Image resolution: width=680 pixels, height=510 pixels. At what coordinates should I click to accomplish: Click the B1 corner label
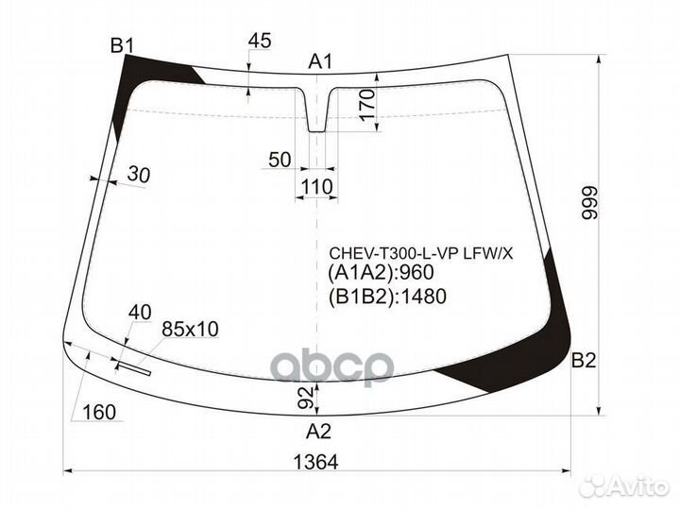(123, 44)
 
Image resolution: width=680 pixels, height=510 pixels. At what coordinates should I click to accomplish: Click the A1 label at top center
(321, 63)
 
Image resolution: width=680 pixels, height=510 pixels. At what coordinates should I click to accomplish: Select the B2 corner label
(584, 360)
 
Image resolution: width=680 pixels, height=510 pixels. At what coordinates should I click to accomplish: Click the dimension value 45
(260, 41)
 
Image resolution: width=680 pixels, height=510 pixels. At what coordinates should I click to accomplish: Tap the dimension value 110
(316, 187)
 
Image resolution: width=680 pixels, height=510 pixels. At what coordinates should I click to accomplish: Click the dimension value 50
(279, 160)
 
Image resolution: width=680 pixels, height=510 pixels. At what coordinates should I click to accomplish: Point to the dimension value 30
(138, 175)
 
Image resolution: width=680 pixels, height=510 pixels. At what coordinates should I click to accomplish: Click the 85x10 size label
(190, 329)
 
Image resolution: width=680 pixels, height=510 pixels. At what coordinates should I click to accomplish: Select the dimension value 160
(98, 412)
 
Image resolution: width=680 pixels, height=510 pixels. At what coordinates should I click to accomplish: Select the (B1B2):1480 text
(386, 297)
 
